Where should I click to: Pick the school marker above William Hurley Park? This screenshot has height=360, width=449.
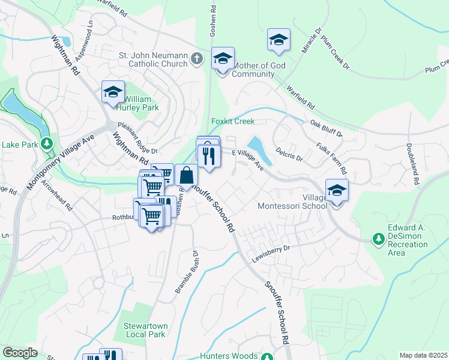tap(113, 92)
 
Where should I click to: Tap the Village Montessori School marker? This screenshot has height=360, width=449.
tap(337, 191)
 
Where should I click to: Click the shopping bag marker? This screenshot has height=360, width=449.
tap(187, 176)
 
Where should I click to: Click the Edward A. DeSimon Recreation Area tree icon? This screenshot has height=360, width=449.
tap(378, 239)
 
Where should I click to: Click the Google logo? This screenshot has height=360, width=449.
tap(20, 353)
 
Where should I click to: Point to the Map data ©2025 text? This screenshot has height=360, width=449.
tap(423, 355)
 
